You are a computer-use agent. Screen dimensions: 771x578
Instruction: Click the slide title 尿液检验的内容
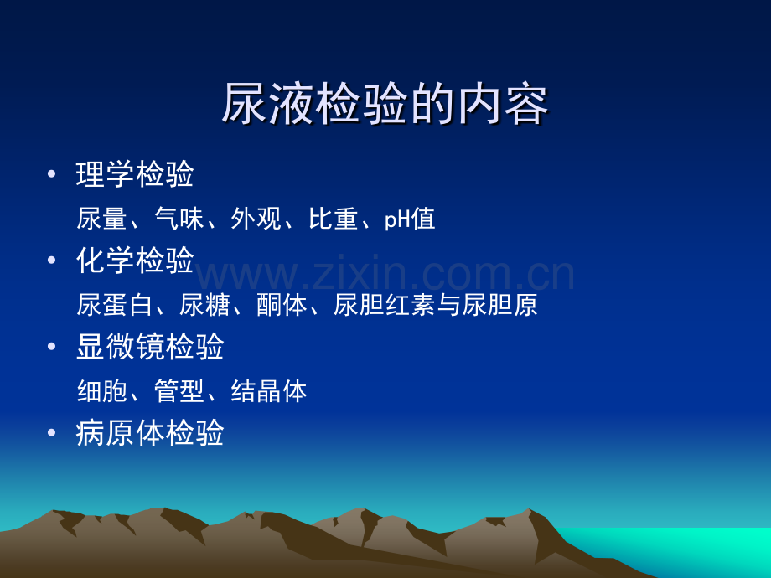click(x=385, y=104)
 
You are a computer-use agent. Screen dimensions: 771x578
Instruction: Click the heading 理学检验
click(x=135, y=174)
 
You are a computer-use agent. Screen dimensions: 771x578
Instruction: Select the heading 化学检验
click(x=135, y=260)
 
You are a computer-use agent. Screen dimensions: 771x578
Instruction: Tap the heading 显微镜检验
click(x=151, y=346)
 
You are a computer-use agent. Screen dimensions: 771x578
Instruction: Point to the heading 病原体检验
click(x=151, y=432)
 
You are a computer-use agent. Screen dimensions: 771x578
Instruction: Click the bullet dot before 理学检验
click(x=52, y=174)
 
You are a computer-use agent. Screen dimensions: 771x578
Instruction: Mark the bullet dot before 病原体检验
click(x=52, y=432)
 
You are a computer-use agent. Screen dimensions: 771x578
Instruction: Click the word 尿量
click(x=101, y=219)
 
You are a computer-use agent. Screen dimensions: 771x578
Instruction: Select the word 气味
click(x=179, y=219)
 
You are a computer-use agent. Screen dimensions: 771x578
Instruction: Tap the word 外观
click(x=256, y=219)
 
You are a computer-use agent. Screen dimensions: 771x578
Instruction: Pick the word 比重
click(x=334, y=219)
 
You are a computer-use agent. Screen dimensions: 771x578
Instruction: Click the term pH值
click(x=410, y=219)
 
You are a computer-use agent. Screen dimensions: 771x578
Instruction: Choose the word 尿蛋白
click(x=115, y=305)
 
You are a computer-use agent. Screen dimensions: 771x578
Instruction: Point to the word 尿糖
click(x=204, y=305)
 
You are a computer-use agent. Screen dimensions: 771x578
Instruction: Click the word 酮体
click(x=282, y=305)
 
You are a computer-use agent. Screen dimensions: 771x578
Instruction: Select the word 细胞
click(x=101, y=391)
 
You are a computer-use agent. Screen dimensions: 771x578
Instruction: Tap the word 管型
click(x=179, y=391)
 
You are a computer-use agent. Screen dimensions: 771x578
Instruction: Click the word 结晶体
click(x=269, y=391)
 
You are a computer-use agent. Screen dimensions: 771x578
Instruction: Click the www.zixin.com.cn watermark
click(x=385, y=273)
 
